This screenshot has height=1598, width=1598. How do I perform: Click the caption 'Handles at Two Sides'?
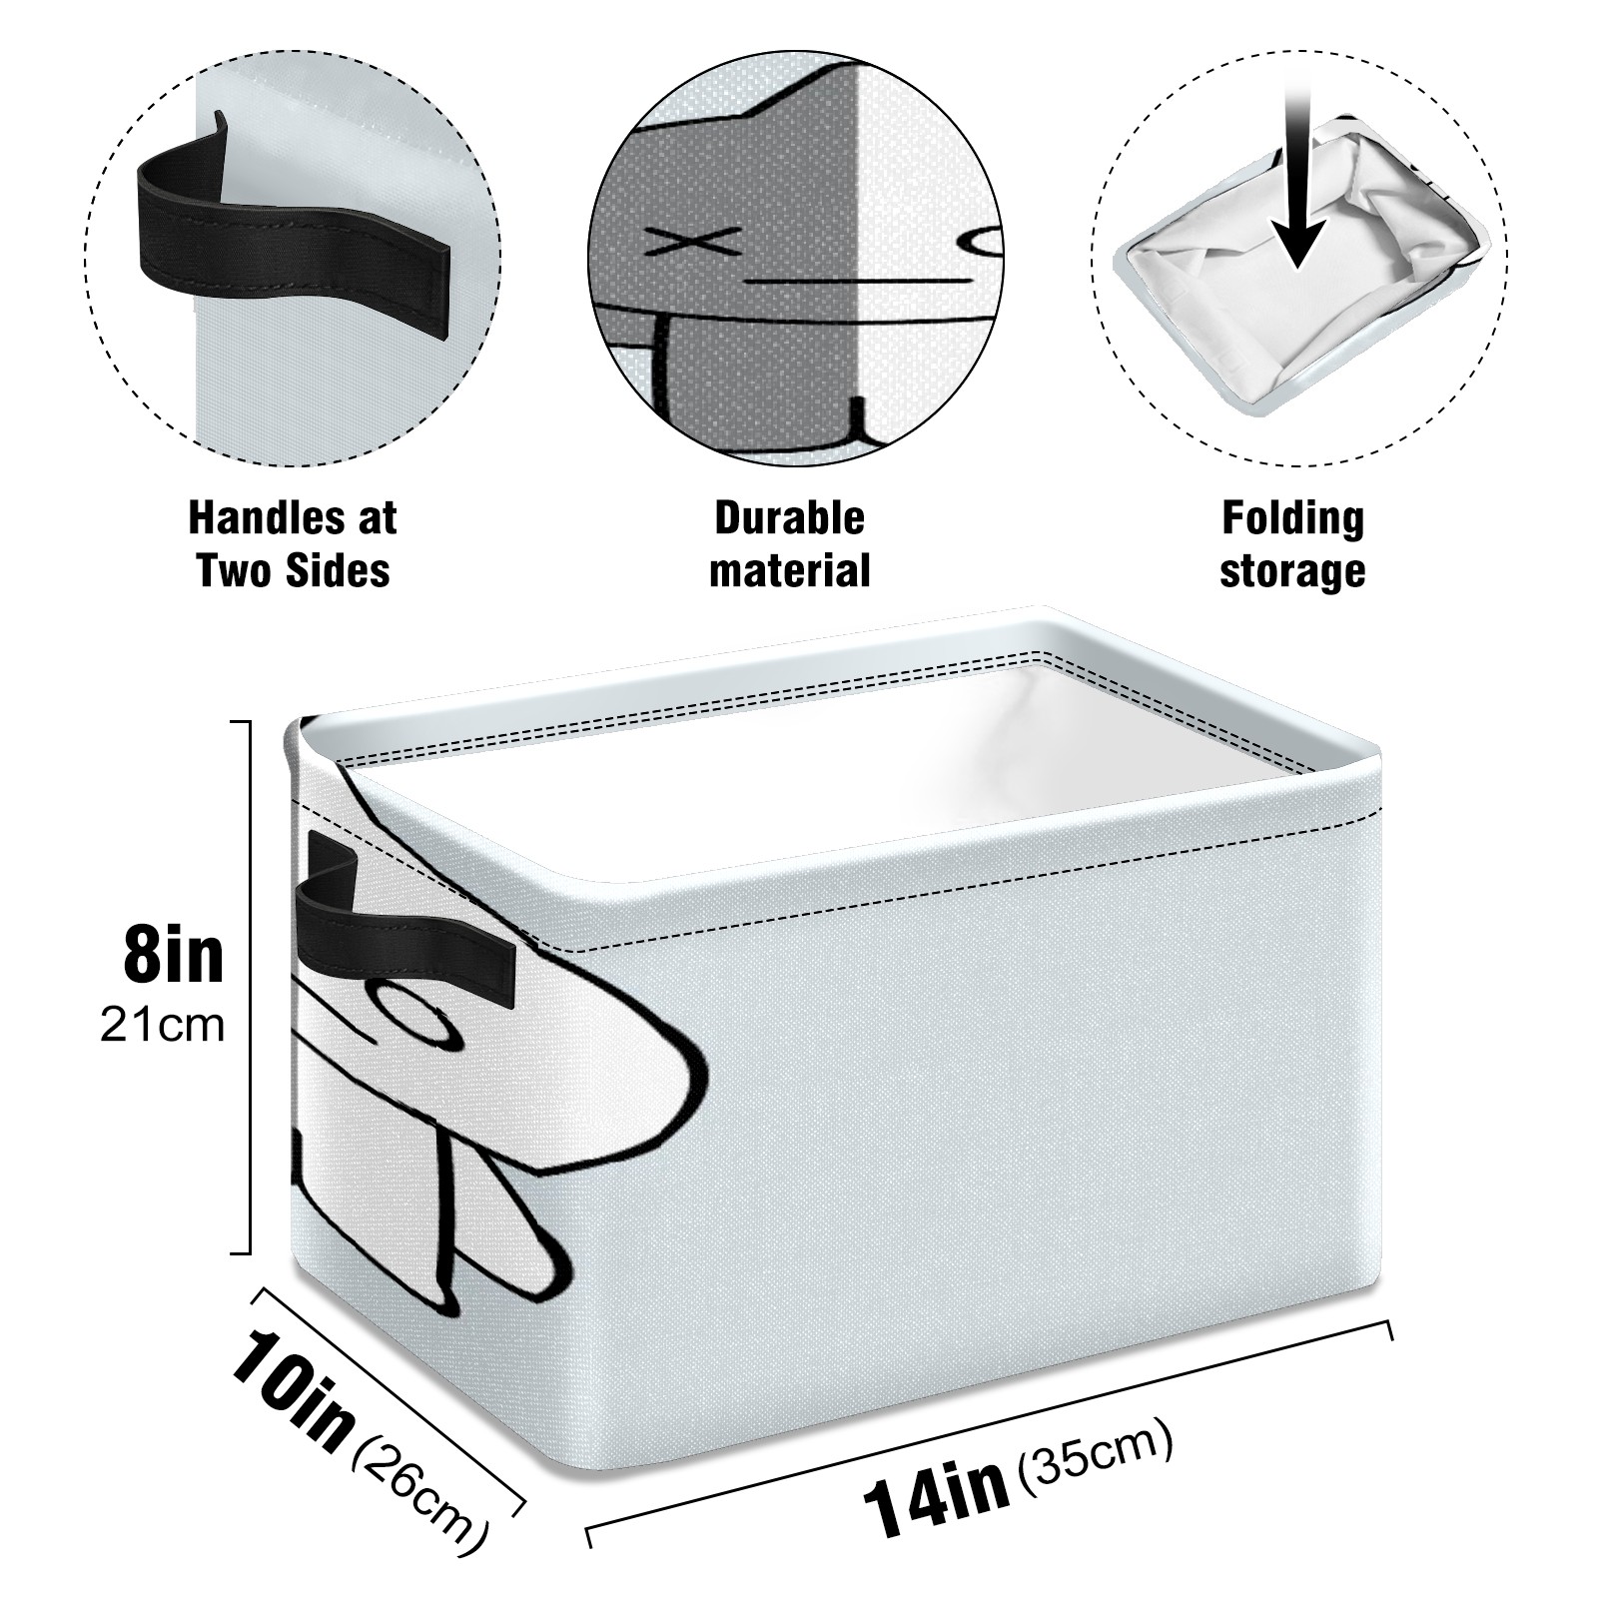tap(293, 544)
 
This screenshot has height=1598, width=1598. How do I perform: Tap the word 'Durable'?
tap(789, 518)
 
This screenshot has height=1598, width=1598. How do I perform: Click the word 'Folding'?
tap(1292, 518)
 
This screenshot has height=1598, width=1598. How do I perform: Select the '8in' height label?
tap(174, 954)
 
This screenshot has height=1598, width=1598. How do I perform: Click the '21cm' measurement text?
tap(162, 1025)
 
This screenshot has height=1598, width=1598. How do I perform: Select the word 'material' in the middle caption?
tap(789, 571)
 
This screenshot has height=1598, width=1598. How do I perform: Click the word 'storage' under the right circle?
tap(1292, 571)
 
